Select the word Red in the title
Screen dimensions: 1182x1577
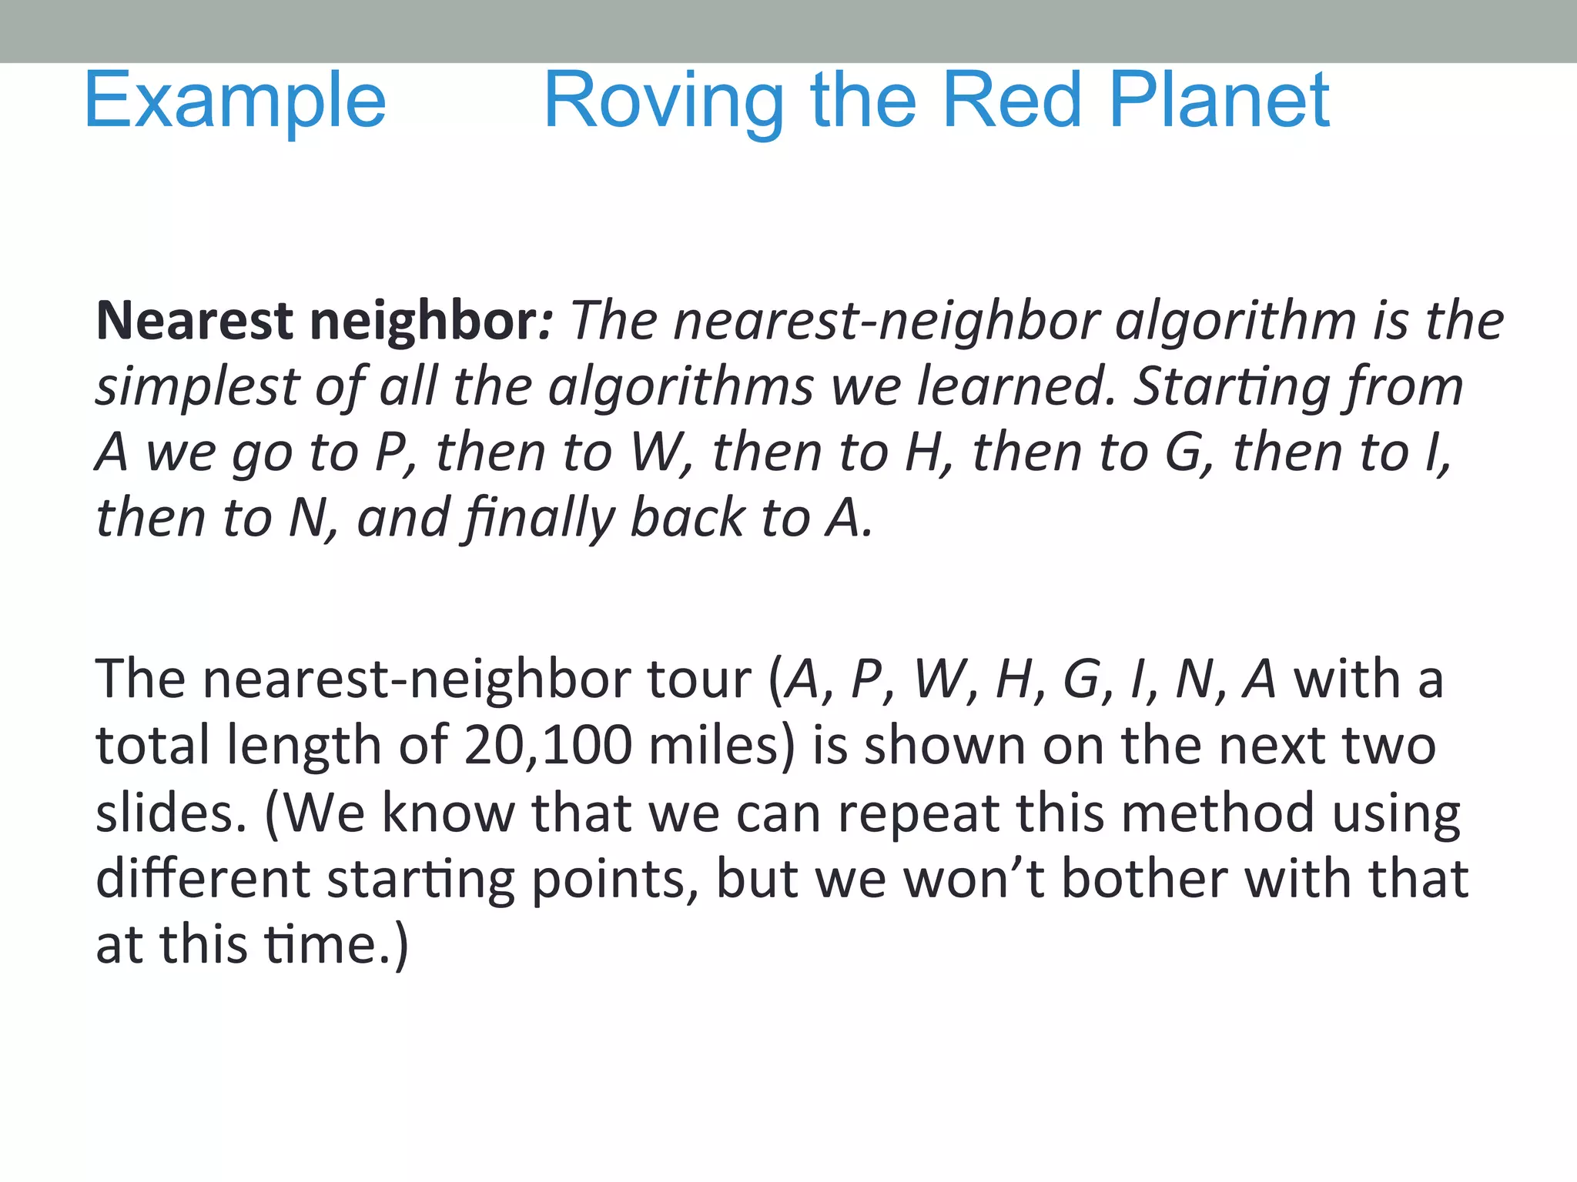point(1012,100)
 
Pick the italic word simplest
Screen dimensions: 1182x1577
point(196,387)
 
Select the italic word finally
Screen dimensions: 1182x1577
point(537,519)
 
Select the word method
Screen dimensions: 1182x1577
point(1217,813)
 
